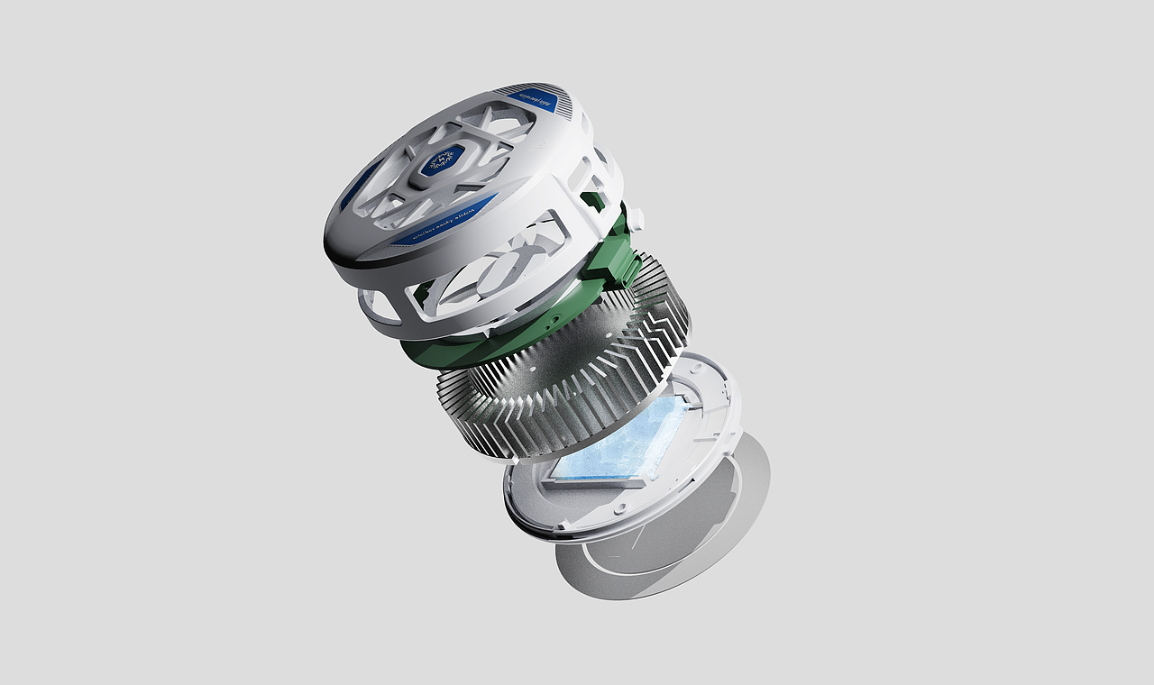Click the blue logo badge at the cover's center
tap(442, 161)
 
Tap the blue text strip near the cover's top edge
tap(532, 96)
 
